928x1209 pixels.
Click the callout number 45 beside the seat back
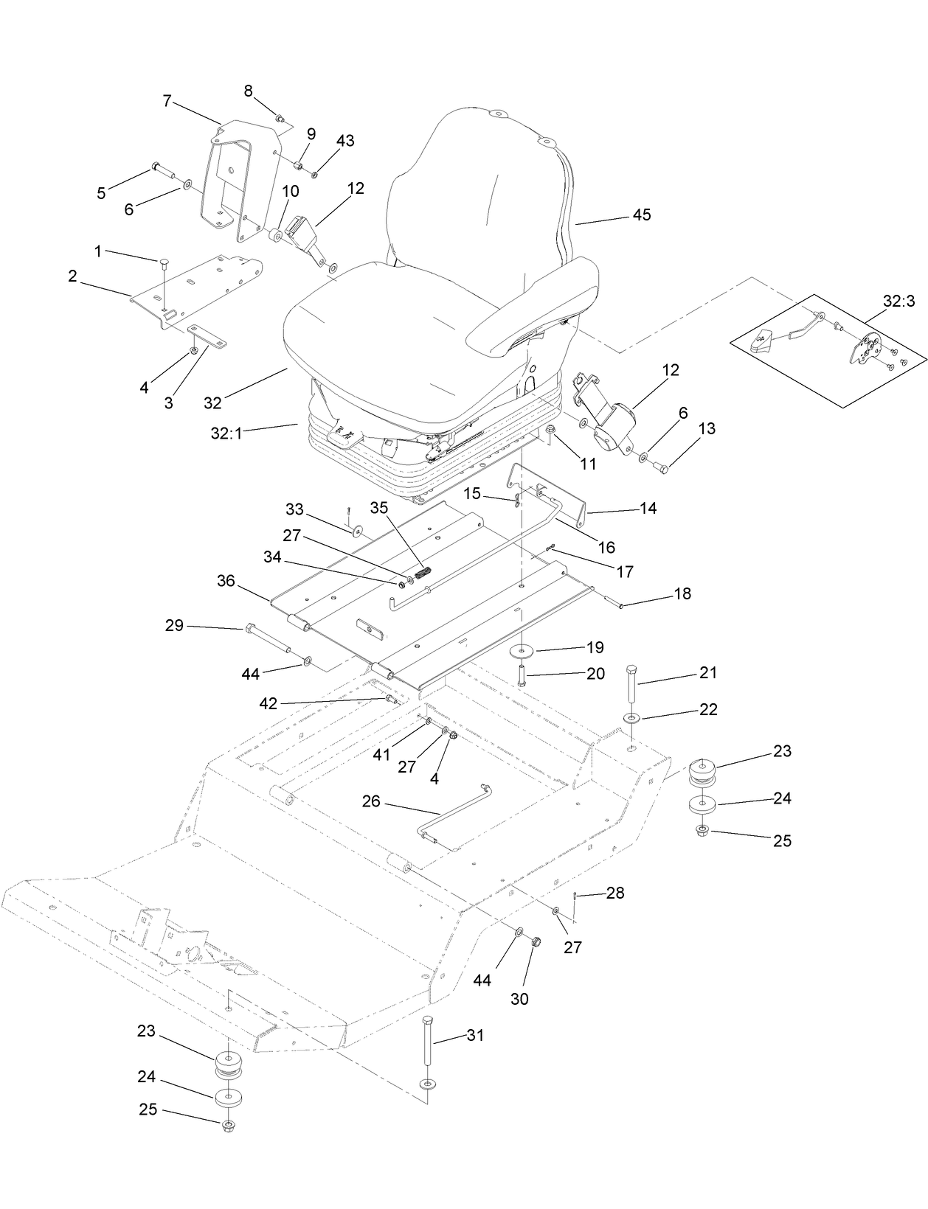(642, 215)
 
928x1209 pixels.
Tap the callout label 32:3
(898, 301)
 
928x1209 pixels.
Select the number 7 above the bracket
(167, 101)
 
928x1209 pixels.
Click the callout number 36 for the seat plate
(226, 581)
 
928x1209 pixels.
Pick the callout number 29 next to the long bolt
(174, 626)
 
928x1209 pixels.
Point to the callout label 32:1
(226, 433)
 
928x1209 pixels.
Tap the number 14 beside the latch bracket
(648, 508)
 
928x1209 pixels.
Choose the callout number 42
(268, 703)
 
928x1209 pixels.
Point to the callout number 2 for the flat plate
(72, 276)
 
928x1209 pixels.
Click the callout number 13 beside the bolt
(707, 428)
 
